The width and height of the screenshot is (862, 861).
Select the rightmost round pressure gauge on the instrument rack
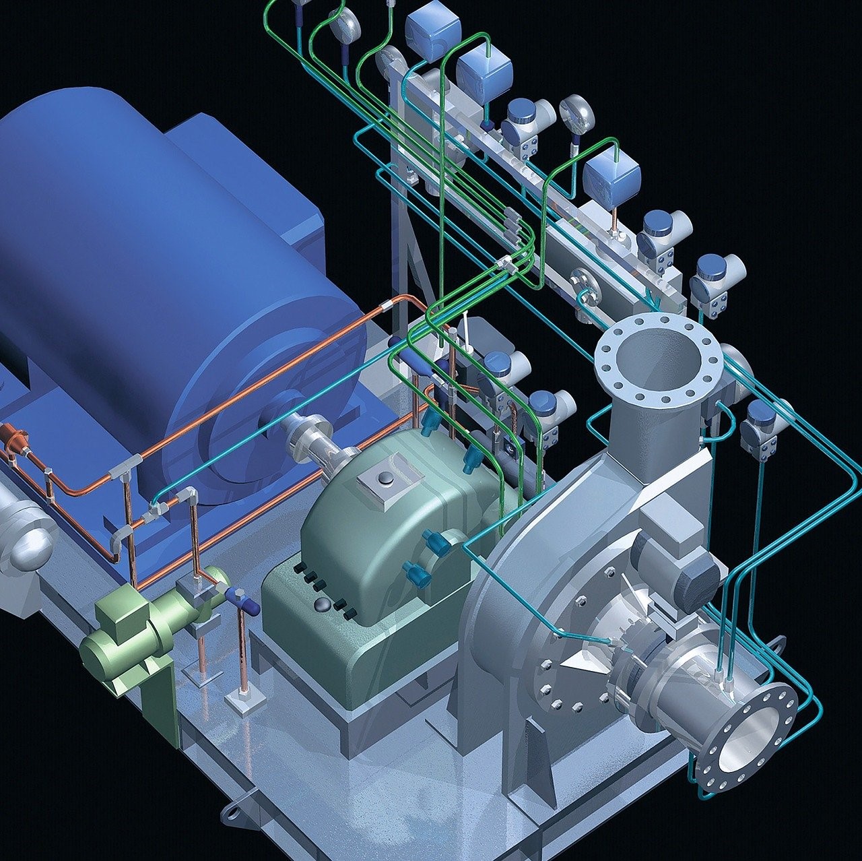(x=576, y=113)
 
